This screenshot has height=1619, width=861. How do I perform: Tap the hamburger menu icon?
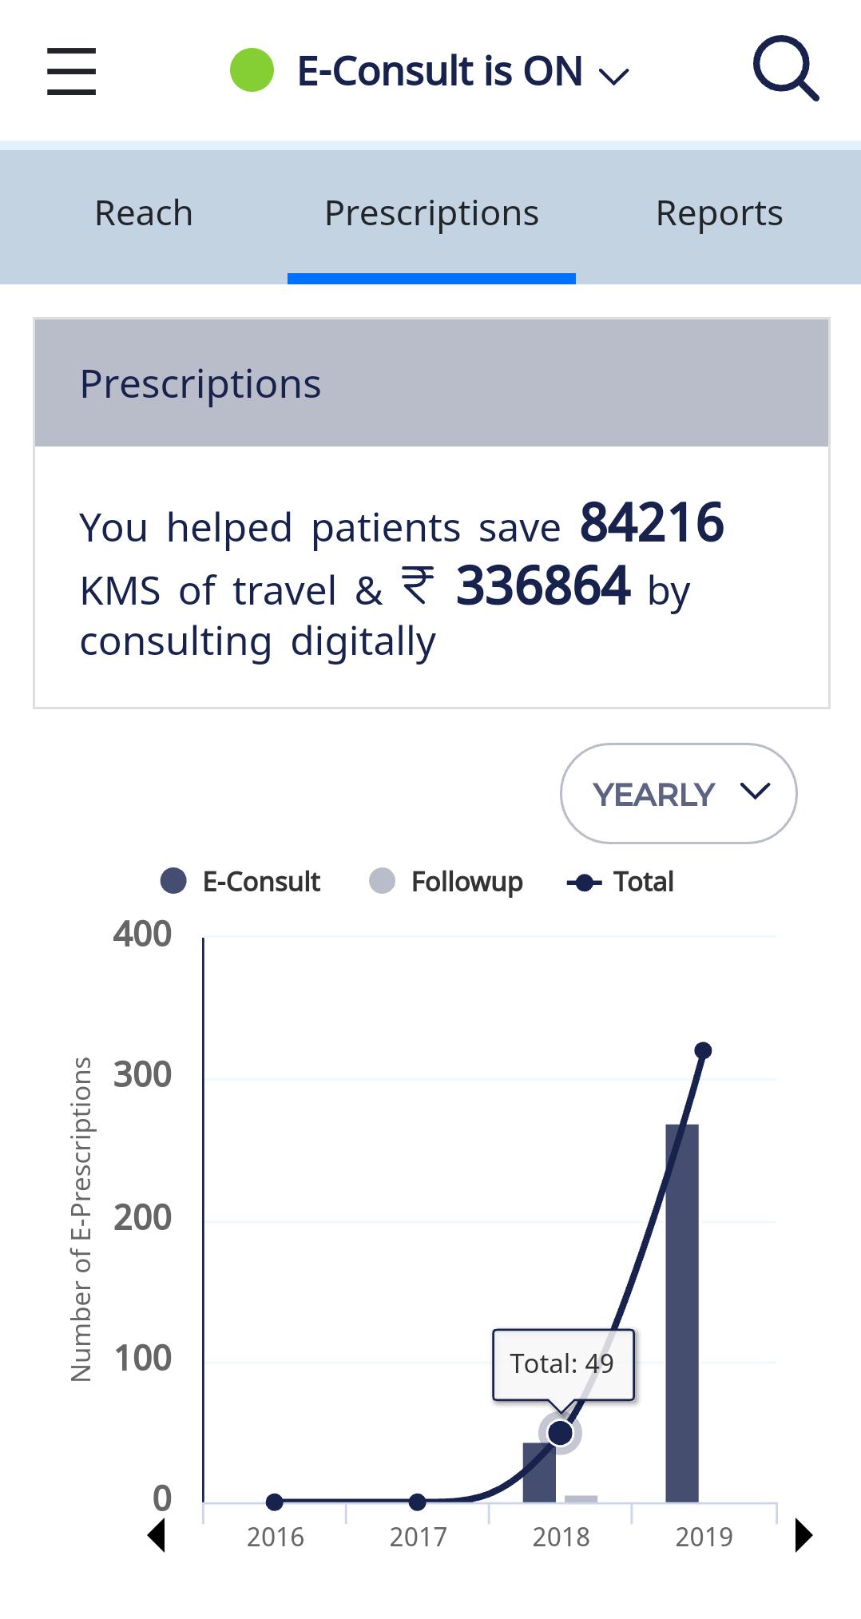71,71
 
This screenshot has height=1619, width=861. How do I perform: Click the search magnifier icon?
786,69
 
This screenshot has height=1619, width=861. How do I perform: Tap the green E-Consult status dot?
252,70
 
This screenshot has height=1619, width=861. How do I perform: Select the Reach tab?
144,213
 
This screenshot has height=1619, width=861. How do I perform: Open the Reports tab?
719,213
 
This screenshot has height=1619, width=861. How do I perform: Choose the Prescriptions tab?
431,213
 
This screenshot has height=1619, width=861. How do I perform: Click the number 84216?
652,523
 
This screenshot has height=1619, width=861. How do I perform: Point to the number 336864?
543,586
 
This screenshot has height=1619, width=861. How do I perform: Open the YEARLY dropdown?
679,793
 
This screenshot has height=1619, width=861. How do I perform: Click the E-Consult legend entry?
240,882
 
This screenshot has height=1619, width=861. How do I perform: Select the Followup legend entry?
446,882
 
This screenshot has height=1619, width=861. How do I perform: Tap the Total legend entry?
621,882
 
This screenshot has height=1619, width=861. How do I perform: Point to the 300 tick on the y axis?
142,1075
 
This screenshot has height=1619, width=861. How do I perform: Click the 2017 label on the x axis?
418,1537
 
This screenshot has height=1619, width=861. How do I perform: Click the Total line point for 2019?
703,1050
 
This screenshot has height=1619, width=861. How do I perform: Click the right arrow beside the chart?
803,1535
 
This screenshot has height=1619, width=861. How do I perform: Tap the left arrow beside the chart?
157,1535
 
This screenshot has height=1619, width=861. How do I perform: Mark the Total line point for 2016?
275,1502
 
